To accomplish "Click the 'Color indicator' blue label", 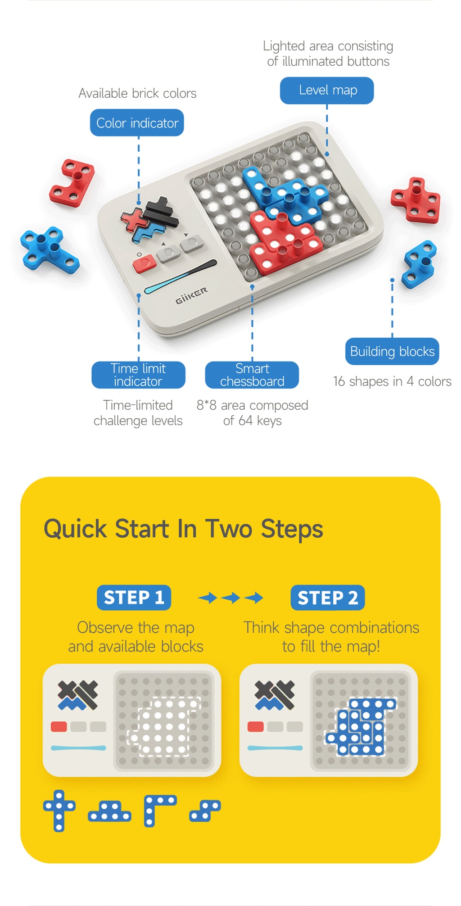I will (x=137, y=123).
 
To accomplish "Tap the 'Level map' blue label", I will (x=327, y=91).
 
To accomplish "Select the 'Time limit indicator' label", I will (x=138, y=375).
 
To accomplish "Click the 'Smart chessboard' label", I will (x=252, y=375).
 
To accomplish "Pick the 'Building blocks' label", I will (x=392, y=351).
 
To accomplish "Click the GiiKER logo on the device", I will (x=191, y=296).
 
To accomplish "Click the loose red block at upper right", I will (x=416, y=200).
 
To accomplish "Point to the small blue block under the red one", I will (x=420, y=264).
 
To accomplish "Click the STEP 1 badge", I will (x=134, y=598).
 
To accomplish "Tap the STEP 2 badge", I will (x=328, y=598).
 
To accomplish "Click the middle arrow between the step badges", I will (x=231, y=598).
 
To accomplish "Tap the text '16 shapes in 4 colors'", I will (x=392, y=381).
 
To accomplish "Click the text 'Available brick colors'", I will (x=137, y=93).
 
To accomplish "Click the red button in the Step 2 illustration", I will (x=256, y=726).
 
